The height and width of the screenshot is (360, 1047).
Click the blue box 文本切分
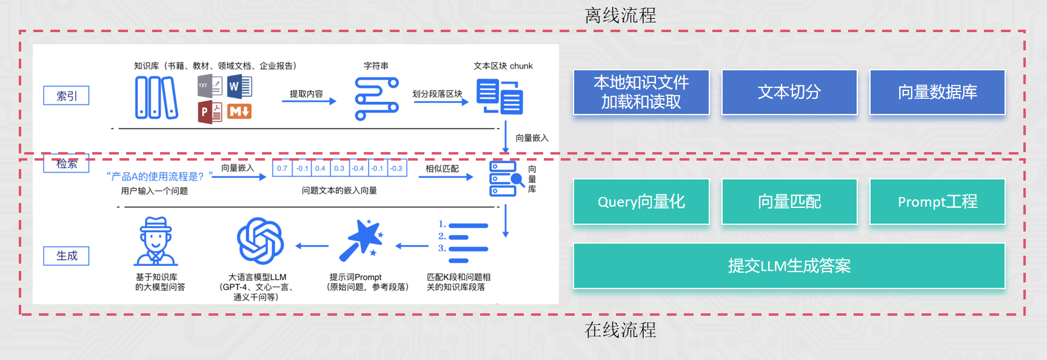[789, 92]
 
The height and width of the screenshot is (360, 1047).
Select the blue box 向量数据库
[937, 92]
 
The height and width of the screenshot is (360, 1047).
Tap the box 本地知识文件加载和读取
[641, 92]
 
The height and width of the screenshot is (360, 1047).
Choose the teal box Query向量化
[641, 202]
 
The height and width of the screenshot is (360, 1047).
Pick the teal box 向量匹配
[789, 202]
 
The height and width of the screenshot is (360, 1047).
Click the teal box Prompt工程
[937, 202]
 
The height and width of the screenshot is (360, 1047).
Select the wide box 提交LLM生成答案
[789, 266]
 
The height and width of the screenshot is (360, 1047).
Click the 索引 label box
[67, 96]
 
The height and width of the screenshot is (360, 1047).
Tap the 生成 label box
[67, 256]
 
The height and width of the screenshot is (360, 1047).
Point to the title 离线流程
[620, 15]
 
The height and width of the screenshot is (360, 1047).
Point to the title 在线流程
[620, 330]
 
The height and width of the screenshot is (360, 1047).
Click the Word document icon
[239, 87]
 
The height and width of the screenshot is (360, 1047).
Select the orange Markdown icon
[239, 112]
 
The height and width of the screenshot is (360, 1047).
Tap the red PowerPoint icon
[210, 112]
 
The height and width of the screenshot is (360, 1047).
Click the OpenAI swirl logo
[261, 241]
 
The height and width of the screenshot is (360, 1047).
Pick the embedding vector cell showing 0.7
[283, 168]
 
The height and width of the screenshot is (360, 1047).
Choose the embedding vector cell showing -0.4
[358, 168]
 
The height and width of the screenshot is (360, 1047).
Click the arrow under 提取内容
[309, 101]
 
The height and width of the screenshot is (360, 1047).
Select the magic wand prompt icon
[361, 240]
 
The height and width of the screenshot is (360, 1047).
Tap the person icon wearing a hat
[156, 241]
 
